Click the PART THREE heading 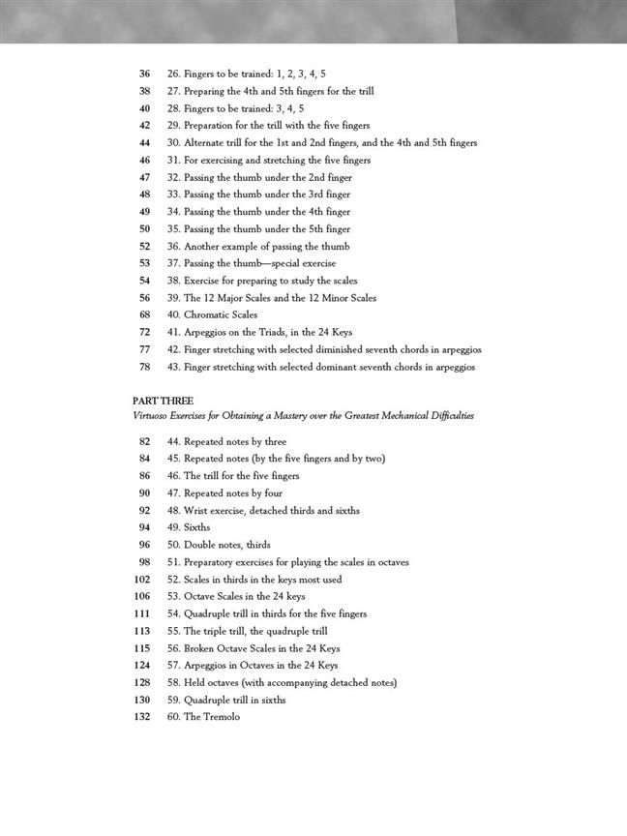(163, 401)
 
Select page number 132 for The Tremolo (141, 717)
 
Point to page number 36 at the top (144, 74)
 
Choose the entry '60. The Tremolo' (203, 717)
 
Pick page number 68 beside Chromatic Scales (144, 315)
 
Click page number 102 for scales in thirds (141, 580)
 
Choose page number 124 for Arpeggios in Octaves (141, 666)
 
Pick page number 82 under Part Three (144, 441)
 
